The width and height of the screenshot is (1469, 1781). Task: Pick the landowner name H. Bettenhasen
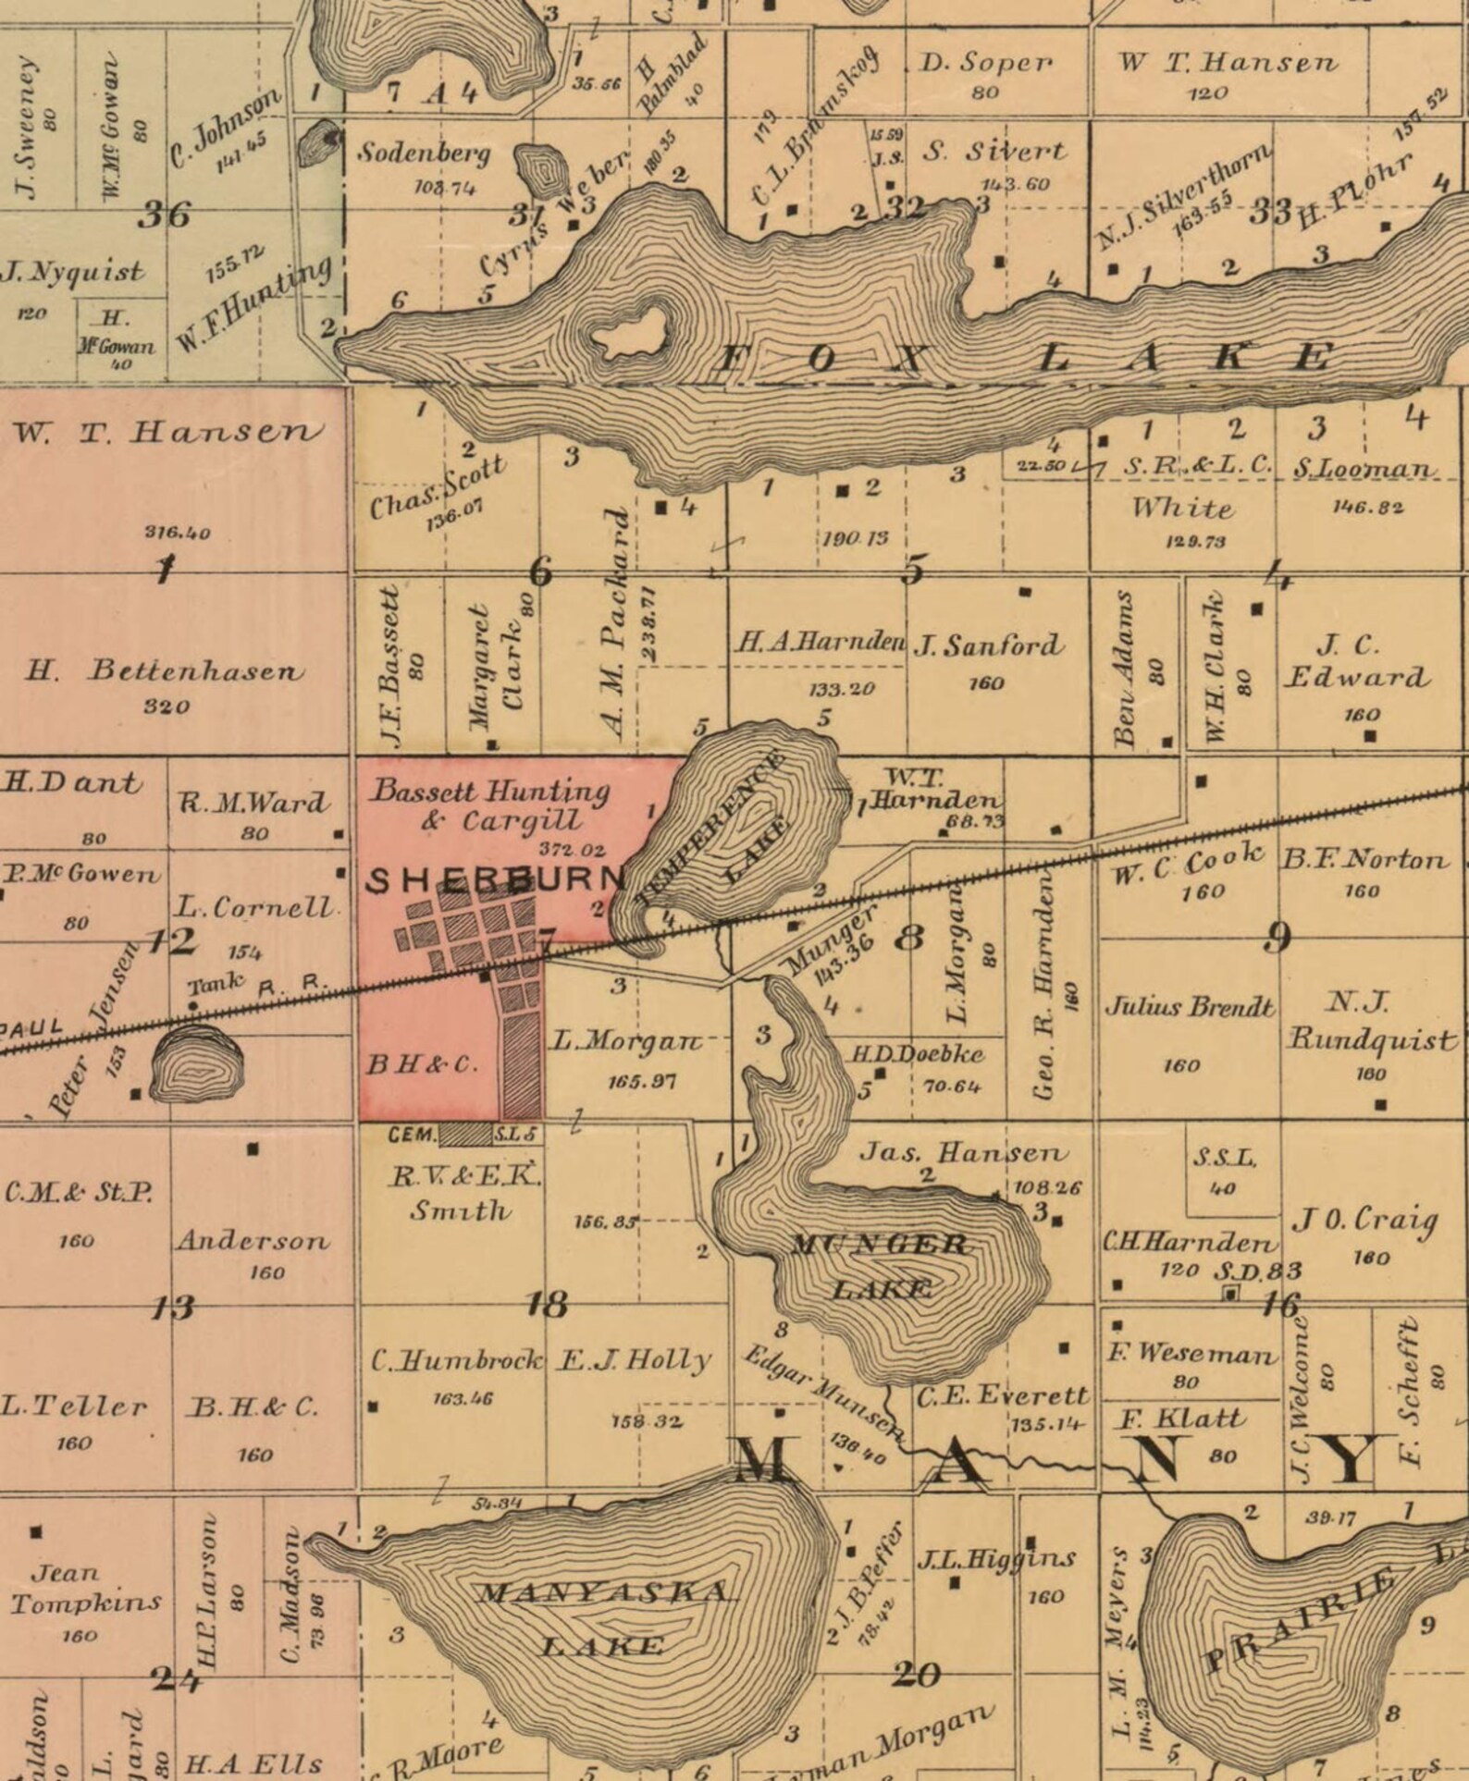[x=164, y=670]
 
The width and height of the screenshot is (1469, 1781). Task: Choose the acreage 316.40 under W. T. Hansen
[x=177, y=533]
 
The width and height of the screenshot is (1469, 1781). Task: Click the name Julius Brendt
[x=1189, y=1006]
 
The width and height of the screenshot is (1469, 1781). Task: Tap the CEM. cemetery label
[x=412, y=1134]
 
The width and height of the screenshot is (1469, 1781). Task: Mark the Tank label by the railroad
[x=216, y=982]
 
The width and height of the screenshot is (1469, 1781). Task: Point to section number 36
[x=164, y=215]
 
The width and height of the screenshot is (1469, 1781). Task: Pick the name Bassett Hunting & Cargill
[x=489, y=805]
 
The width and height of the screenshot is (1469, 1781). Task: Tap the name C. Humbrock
[x=456, y=1360]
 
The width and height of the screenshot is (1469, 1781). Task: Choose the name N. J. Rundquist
[x=1370, y=1022]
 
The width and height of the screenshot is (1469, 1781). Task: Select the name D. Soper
[x=985, y=63]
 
